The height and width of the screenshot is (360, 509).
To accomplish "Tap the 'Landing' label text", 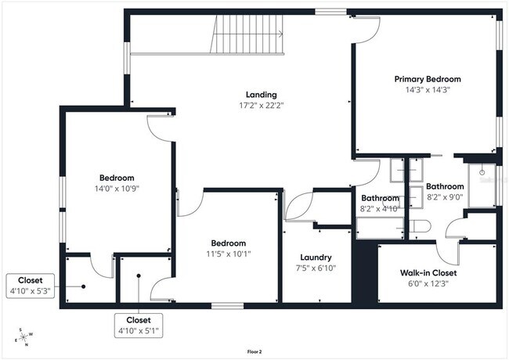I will coord(261,94).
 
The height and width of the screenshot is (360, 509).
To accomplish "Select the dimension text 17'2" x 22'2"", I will coord(261,105).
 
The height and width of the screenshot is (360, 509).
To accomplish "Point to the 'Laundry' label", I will coord(316,257).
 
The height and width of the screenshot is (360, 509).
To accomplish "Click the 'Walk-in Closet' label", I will coord(428,273).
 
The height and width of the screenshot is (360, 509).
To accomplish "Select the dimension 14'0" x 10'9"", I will coord(116,189).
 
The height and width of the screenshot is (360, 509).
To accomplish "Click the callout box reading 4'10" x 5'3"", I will coord(31,286).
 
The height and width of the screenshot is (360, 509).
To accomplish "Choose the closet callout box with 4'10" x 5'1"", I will coord(139,325).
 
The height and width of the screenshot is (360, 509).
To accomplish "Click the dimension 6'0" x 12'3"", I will coord(428,283).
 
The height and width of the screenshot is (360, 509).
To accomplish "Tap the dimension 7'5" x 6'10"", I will coord(316,268).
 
